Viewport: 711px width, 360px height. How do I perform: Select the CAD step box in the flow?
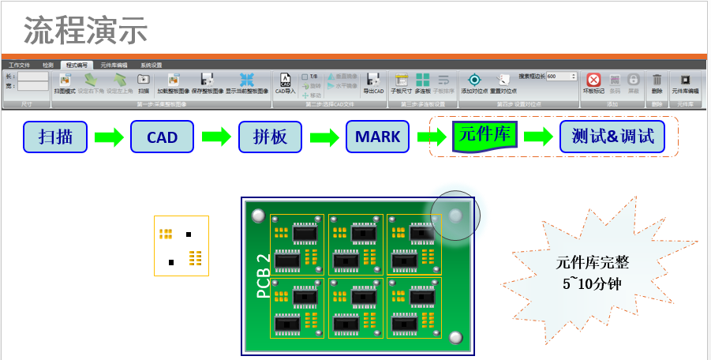pyautogui.click(x=162, y=137)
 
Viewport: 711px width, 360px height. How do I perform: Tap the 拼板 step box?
pyautogui.click(x=270, y=137)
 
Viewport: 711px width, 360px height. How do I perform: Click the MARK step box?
pyautogui.click(x=377, y=137)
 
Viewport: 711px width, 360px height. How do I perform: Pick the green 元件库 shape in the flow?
pyautogui.click(x=485, y=136)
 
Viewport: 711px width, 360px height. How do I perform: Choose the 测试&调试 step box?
pyautogui.click(x=612, y=137)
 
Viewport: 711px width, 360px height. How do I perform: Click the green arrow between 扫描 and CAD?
pyautogui.click(x=109, y=137)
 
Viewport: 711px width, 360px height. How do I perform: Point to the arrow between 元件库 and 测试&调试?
pyautogui.click(x=538, y=137)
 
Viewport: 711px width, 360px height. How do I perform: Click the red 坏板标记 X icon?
pyautogui.click(x=593, y=80)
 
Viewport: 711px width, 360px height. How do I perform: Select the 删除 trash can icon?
pyautogui.click(x=657, y=80)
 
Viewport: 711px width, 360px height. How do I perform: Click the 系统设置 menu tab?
pyautogui.click(x=152, y=65)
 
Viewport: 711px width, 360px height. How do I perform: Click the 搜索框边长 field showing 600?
pyautogui.click(x=560, y=76)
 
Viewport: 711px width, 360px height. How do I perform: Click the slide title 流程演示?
pyautogui.click(x=86, y=31)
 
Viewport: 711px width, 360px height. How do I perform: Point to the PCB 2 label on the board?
pyautogui.click(x=264, y=276)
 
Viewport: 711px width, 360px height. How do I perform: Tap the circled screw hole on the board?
pyautogui.click(x=455, y=214)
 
